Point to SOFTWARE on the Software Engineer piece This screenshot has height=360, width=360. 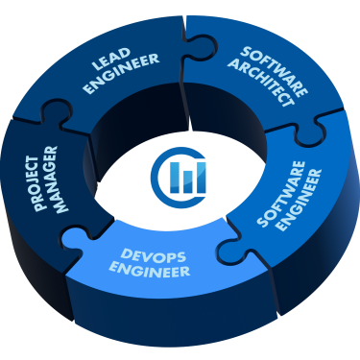click(x=278, y=197)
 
